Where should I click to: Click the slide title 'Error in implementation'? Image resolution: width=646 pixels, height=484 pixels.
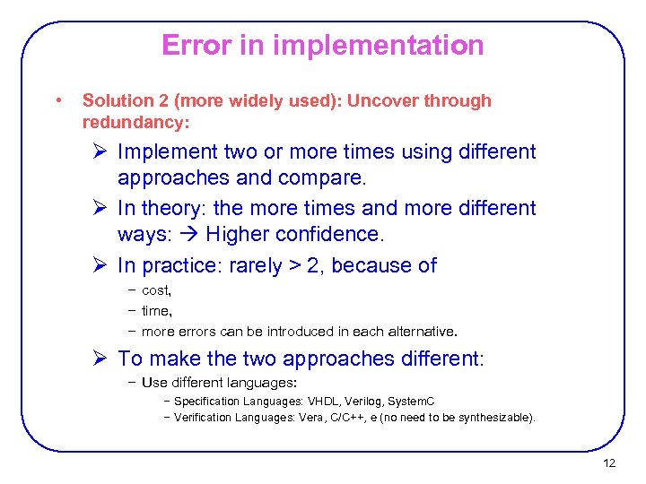(x=323, y=45)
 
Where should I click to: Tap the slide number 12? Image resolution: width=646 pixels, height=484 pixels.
(x=609, y=463)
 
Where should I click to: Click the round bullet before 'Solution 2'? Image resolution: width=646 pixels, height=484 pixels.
(x=57, y=100)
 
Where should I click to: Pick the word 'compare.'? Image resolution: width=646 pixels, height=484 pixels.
(x=323, y=178)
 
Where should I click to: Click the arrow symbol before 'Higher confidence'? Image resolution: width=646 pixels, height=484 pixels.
(x=190, y=234)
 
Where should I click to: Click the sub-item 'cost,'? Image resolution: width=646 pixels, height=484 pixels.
(x=157, y=290)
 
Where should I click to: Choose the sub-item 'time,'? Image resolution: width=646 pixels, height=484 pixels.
(x=157, y=310)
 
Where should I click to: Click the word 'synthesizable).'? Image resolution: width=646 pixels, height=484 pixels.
(x=493, y=417)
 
